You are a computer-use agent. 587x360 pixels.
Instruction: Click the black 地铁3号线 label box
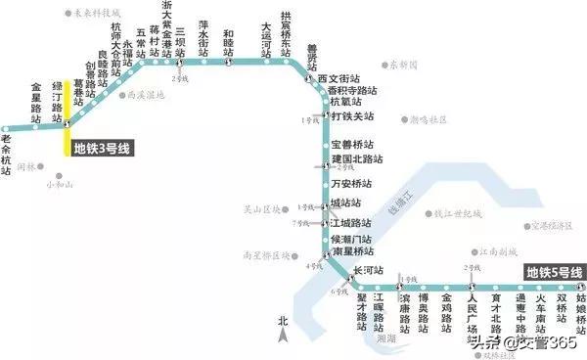pyautogui.click(x=102, y=148)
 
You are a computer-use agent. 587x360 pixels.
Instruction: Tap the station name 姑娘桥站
pyautogui.click(x=580, y=309)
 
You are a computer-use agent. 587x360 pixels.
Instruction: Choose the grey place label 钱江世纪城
pyautogui.click(x=458, y=212)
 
